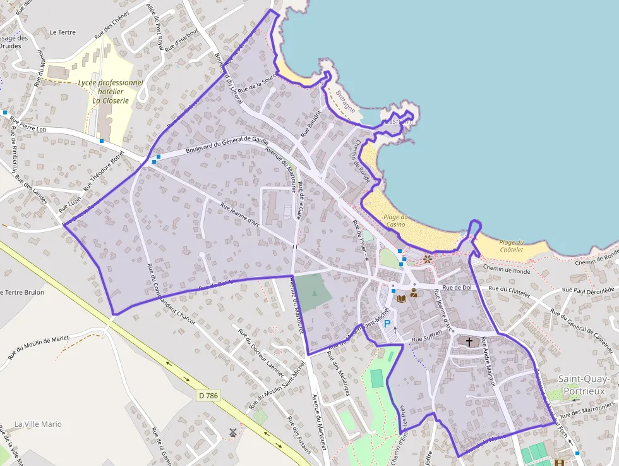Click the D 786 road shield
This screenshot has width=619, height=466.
[208, 395]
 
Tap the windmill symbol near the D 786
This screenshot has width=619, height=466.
[233, 432]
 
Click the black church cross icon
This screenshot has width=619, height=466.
[469, 342]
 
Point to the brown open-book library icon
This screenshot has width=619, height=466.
[401, 298]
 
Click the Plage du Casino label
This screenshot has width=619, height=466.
[395, 221]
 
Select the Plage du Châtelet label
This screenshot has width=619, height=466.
[512, 246]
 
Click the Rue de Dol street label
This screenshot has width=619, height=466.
[457, 288]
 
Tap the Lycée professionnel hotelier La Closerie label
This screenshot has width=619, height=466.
[111, 91]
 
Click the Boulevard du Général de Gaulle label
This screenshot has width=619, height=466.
[227, 147]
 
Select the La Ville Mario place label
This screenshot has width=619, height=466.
[38, 424]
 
